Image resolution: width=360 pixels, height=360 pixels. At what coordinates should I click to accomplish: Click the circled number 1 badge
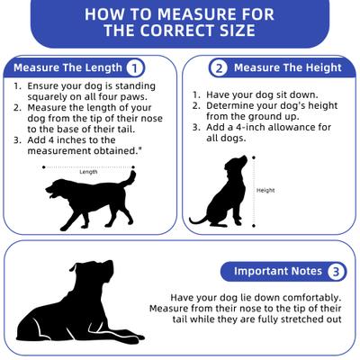(x=135, y=68)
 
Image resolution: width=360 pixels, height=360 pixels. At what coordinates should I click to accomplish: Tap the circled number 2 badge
(x=219, y=68)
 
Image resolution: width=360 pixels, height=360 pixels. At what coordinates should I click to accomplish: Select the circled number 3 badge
(x=336, y=272)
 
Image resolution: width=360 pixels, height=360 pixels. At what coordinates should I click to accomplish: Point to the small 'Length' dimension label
(x=88, y=172)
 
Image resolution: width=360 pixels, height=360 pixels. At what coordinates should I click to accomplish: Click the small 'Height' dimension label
(x=265, y=190)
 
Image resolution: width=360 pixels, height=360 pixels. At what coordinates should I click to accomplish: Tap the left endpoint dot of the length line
(x=44, y=167)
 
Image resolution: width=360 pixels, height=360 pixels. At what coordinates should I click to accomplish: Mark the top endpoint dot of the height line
(x=254, y=157)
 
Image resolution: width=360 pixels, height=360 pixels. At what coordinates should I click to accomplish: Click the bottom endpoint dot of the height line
(x=254, y=226)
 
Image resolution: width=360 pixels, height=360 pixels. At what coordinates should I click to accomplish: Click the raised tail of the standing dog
(x=130, y=178)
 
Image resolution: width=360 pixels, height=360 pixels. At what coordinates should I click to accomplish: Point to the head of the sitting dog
(x=236, y=165)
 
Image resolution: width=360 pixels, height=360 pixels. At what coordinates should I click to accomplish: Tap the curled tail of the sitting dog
(x=198, y=220)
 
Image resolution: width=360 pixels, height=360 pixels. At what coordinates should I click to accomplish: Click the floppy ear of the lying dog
(x=74, y=266)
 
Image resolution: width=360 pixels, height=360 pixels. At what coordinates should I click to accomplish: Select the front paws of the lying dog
(x=126, y=338)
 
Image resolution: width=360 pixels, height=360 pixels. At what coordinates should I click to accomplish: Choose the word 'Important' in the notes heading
(x=256, y=272)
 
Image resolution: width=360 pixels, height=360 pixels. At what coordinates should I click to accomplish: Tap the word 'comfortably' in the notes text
(x=312, y=298)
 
